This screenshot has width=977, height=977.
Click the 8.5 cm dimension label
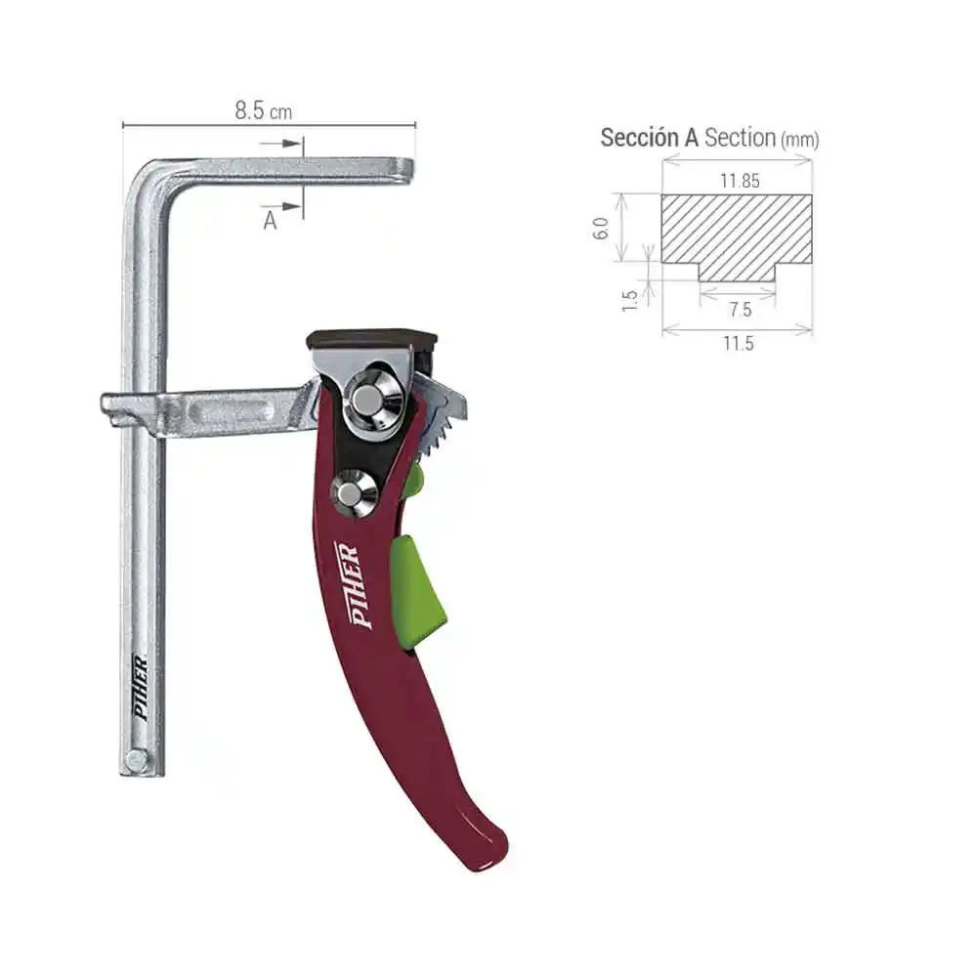[263, 110]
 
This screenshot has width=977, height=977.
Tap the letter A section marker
[270, 221]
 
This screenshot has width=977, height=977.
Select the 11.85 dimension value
[739, 181]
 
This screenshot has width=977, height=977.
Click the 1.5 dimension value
[630, 299]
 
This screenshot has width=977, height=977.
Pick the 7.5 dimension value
[740, 310]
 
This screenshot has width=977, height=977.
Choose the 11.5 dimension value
[739, 343]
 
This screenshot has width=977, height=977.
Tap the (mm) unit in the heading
[799, 140]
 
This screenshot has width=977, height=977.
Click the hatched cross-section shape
[738, 231]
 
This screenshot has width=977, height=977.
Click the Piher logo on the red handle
[348, 584]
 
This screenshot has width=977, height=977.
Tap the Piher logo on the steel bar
[141, 688]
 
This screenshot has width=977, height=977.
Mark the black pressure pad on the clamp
[371, 339]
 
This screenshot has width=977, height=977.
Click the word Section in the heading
[740, 138]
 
